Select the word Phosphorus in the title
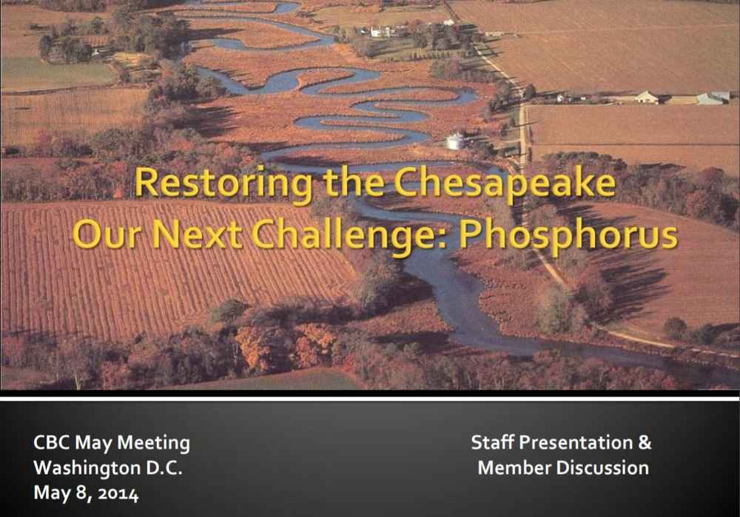[568, 236]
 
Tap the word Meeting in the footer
[153, 444]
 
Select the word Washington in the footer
[87, 468]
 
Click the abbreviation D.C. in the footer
[164, 468]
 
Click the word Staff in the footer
[493, 442]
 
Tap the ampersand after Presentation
[645, 442]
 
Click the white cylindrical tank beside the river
[455, 141]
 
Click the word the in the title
[354, 183]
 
